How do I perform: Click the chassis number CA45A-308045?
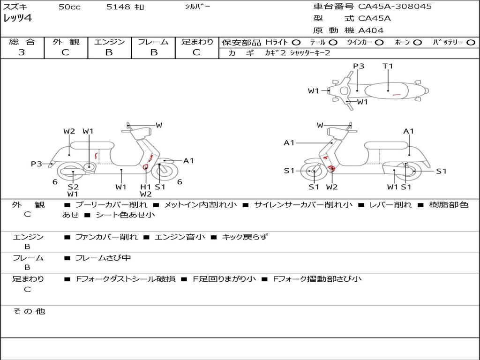[x=395, y=7]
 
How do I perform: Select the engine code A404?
[x=371, y=30]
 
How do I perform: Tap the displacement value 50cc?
[x=69, y=7]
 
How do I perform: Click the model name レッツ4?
[x=17, y=19]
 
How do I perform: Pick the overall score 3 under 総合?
[x=21, y=52]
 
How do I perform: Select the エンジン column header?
[x=109, y=42]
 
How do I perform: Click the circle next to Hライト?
[x=296, y=42]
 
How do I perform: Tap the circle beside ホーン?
[x=417, y=42]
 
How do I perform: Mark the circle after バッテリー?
[x=471, y=42]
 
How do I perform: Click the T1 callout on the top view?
[x=388, y=66]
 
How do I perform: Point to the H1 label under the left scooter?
[x=146, y=187]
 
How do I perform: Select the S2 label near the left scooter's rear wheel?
[x=73, y=187]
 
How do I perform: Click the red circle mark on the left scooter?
[x=145, y=166]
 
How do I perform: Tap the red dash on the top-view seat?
[x=397, y=95]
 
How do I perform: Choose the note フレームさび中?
[x=103, y=258]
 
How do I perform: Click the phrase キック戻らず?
[x=245, y=237]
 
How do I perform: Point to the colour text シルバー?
[x=197, y=7]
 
